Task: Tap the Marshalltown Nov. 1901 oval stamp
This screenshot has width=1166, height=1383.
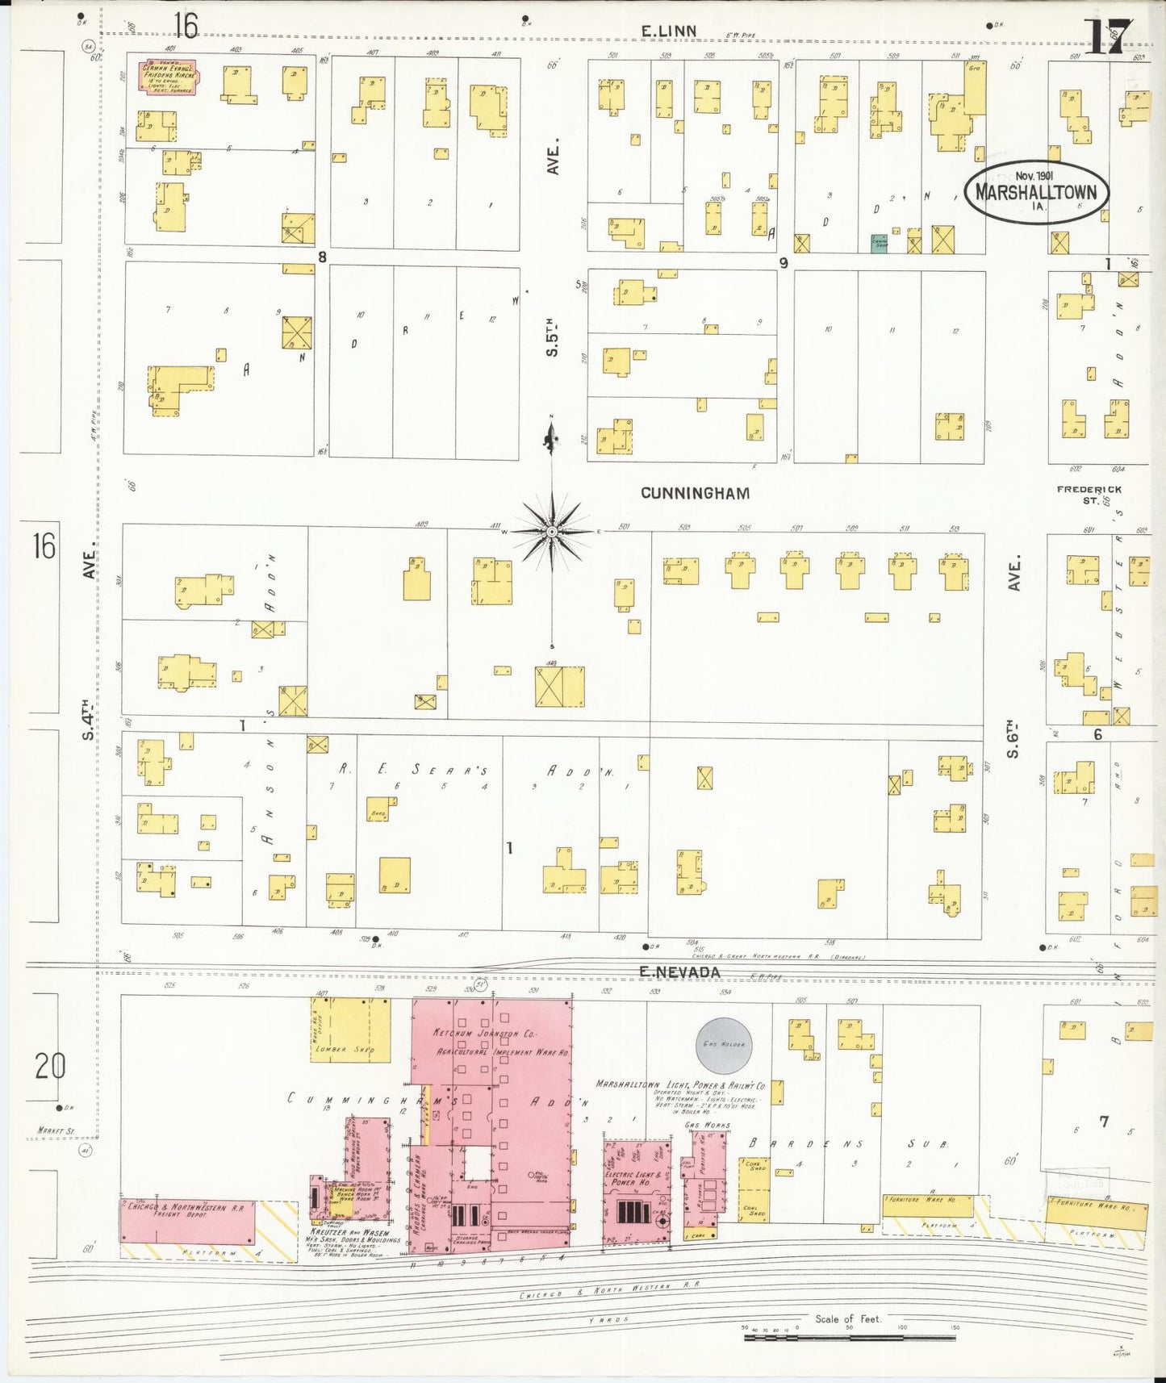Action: [x=1036, y=191]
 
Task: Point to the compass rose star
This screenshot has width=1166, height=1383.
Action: [x=552, y=532]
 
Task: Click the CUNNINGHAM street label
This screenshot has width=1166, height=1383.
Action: [x=695, y=493]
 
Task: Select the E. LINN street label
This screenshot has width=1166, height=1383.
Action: [x=669, y=31]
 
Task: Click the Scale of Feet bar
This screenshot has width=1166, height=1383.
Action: [x=849, y=1337]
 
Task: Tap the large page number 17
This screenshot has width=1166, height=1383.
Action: [x=1107, y=36]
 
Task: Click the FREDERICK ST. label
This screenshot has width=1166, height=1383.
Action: [x=1089, y=495]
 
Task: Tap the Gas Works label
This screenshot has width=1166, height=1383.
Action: [x=707, y=1125]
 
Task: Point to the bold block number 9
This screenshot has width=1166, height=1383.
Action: [x=783, y=263]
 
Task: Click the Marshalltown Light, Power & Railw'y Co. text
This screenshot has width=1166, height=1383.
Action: [x=679, y=1085]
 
